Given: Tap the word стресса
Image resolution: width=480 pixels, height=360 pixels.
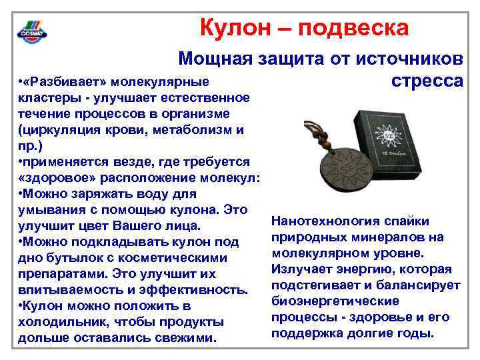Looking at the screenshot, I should pos(427,81).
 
